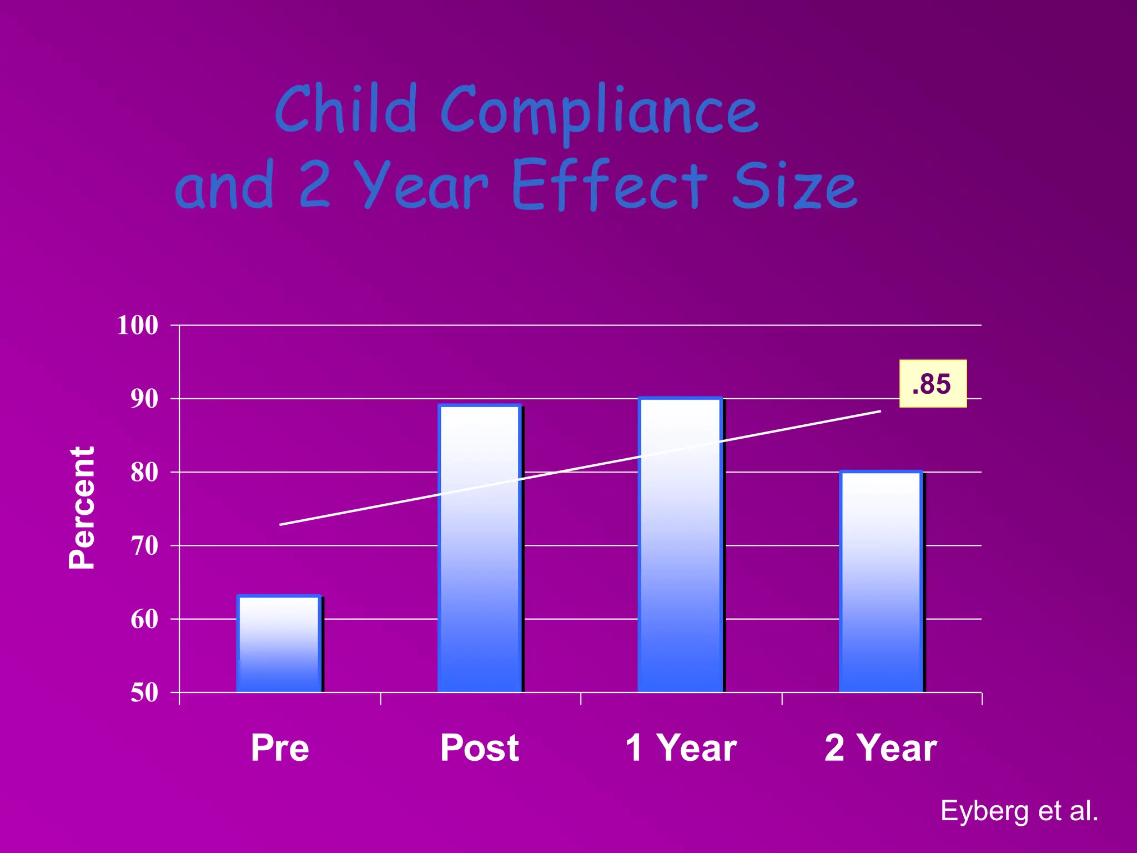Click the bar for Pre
click(279, 644)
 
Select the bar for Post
click(480, 549)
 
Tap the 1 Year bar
click(680, 545)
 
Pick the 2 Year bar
click(881, 582)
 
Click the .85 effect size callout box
click(933, 384)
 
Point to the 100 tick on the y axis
click(137, 325)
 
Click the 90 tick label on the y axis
click(144, 399)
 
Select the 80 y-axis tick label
click(144, 473)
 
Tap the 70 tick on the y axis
click(144, 546)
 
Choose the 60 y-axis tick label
click(144, 619)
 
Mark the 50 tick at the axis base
click(144, 693)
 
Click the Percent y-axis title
click(82, 508)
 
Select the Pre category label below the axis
click(279, 747)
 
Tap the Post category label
click(480, 747)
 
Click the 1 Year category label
click(681, 747)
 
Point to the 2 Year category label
click(881, 747)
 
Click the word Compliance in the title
click(600, 111)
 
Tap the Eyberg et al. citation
click(1019, 811)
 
